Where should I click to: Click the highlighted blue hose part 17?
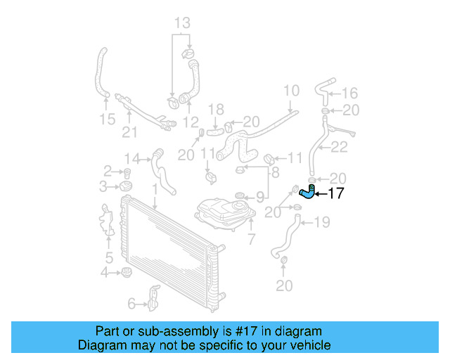tap(307, 191)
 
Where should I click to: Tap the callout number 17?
tap(336, 193)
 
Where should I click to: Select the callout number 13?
tap(182, 24)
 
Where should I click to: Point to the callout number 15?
tap(107, 120)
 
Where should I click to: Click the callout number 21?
tap(129, 132)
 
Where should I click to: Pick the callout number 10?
tap(291, 90)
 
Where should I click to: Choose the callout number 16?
tap(349, 93)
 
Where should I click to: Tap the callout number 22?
tap(340, 147)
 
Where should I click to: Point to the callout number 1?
tap(154, 190)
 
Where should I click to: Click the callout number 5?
tap(109, 257)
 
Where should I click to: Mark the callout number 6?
tap(131, 304)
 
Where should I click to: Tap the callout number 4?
tap(105, 272)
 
